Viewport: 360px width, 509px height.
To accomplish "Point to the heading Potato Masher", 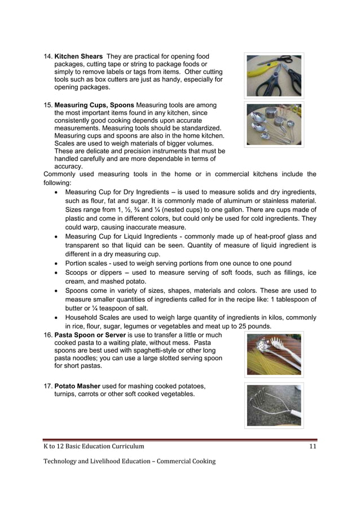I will [78, 387].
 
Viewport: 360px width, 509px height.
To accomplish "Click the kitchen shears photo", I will [274, 76].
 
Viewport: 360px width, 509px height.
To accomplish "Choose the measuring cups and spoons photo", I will [274, 124].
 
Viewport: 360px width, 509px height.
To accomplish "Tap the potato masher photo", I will [274, 405].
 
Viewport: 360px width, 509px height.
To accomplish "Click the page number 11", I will [312, 446].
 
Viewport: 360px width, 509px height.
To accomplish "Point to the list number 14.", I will [48, 57].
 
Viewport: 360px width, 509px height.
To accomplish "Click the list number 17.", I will [48, 387].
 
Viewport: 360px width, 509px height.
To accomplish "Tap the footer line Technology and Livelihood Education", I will [129, 461].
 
